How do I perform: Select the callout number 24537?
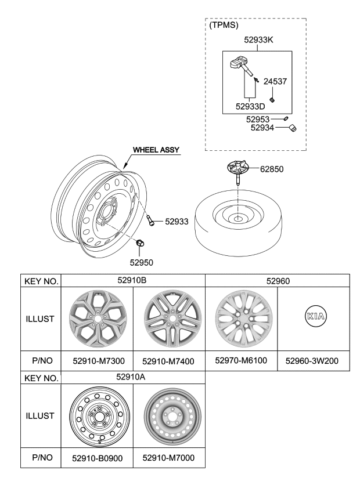(276, 82)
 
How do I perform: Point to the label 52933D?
(250, 106)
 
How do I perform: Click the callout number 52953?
(259, 119)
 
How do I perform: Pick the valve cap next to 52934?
(293, 129)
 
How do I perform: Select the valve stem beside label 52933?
(152, 221)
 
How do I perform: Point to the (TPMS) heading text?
(224, 25)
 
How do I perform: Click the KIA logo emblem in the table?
(314, 316)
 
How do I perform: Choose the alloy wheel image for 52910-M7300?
(97, 319)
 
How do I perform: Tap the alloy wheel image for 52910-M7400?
(170, 319)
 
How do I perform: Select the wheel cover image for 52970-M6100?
(241, 319)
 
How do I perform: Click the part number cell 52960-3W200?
(314, 361)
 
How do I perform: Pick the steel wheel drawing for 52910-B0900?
(97, 415)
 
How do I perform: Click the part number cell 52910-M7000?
(169, 458)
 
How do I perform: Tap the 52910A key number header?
(133, 378)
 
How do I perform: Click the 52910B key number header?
(133, 281)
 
